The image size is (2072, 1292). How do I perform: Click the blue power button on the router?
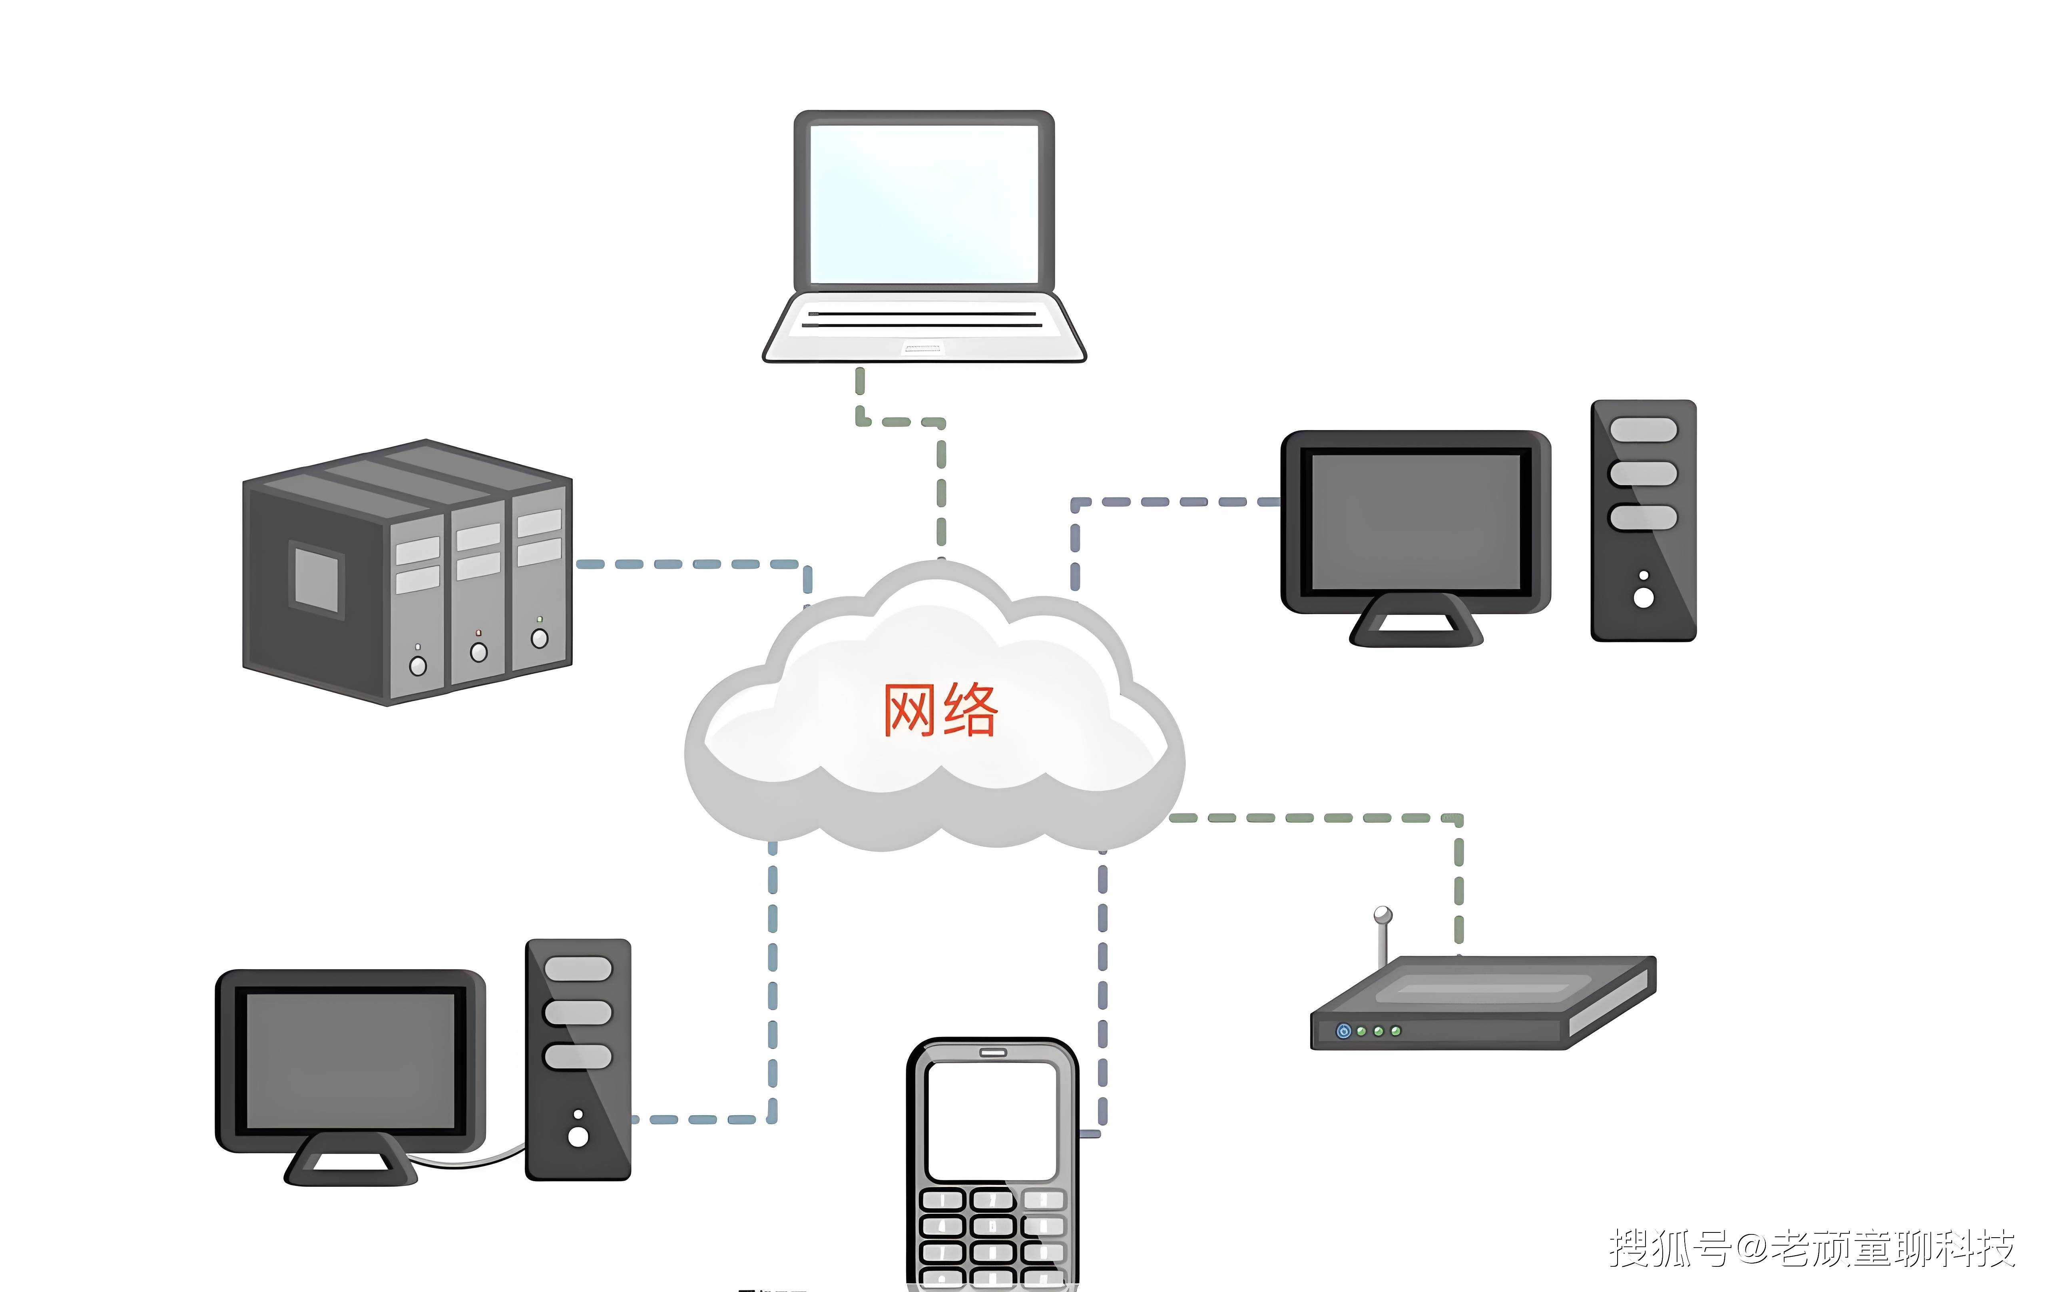(x=1343, y=1031)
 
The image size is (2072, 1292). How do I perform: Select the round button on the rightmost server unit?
(x=539, y=638)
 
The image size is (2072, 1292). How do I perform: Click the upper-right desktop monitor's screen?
(x=1416, y=521)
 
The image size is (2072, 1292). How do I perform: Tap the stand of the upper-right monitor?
(x=1416, y=624)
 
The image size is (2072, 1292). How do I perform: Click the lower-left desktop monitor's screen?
(x=350, y=1060)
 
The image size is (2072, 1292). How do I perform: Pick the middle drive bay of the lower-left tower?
(x=578, y=1013)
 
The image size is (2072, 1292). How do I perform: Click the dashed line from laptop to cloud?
(x=941, y=487)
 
